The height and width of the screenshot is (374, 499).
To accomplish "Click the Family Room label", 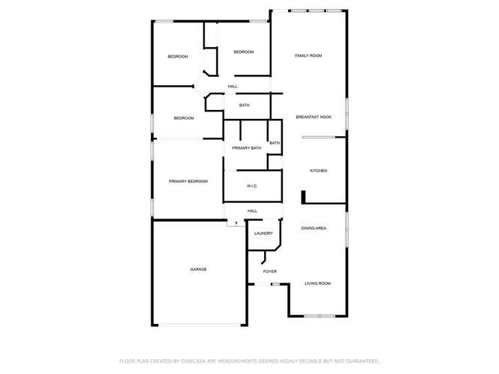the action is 308,55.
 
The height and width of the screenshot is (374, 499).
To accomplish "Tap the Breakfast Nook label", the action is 313,117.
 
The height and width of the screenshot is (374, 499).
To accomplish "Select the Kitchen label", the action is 318,171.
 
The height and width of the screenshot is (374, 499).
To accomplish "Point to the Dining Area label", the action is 313,228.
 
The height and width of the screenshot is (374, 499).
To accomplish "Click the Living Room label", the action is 317,283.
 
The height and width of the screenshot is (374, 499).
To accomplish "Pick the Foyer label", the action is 269,272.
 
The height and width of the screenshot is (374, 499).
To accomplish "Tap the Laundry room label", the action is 263,233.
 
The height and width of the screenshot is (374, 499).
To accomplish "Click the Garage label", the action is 198,269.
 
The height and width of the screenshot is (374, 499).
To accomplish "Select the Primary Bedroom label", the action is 188,182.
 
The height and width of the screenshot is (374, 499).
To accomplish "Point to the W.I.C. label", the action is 251,186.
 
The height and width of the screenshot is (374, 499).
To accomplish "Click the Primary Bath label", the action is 246,148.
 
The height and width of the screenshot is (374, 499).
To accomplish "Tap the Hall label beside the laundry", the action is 252,211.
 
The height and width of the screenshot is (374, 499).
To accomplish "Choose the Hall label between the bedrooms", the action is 233,86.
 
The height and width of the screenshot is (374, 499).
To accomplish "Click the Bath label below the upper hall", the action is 244,105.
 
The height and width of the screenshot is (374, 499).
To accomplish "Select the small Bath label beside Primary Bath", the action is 275,143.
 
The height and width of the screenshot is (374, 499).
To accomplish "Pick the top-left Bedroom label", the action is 177,57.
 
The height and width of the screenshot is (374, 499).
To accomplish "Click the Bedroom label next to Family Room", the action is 243,52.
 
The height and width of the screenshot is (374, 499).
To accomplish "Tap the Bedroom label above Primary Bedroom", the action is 183,118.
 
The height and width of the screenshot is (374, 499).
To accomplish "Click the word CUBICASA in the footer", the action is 193,361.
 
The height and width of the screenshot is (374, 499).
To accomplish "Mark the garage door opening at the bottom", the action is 200,325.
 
